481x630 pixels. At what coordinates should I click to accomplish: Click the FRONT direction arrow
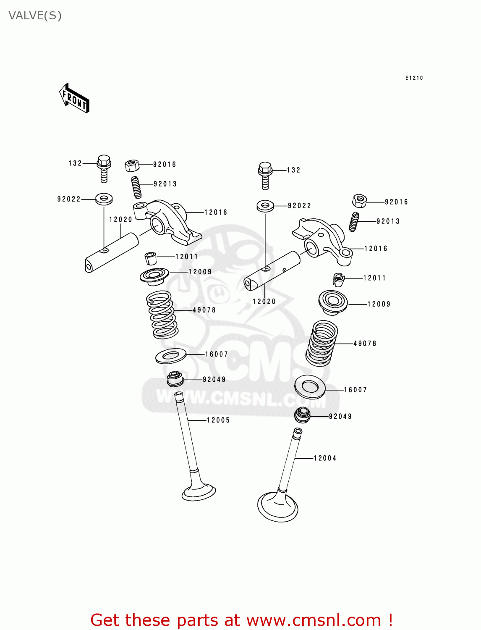[74, 98]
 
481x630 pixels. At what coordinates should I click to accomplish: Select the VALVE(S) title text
[35, 16]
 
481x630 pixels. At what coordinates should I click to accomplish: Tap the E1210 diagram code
[414, 78]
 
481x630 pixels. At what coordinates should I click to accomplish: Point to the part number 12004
[325, 458]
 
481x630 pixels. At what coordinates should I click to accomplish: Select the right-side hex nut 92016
[359, 201]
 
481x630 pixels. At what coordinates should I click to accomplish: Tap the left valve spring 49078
[162, 315]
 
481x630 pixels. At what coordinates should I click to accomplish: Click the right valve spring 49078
[322, 343]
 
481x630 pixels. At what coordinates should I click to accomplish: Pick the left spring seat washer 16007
[171, 356]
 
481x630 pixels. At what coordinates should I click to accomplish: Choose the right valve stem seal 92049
[302, 415]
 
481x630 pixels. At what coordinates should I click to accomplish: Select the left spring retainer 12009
[154, 276]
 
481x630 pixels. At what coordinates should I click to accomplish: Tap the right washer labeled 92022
[265, 206]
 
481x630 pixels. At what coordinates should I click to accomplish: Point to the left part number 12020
[120, 220]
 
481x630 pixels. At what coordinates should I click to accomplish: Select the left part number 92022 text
[69, 199]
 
